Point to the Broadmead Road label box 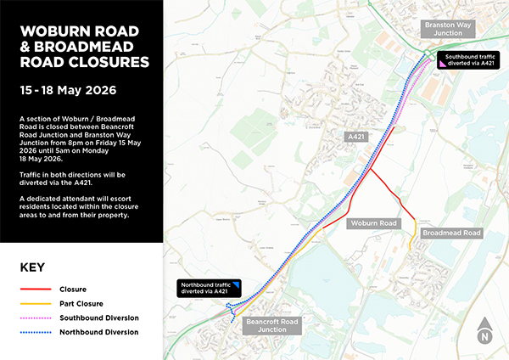coord(451,233)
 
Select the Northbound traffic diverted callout coord(210,288)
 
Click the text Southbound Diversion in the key coord(99,318)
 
